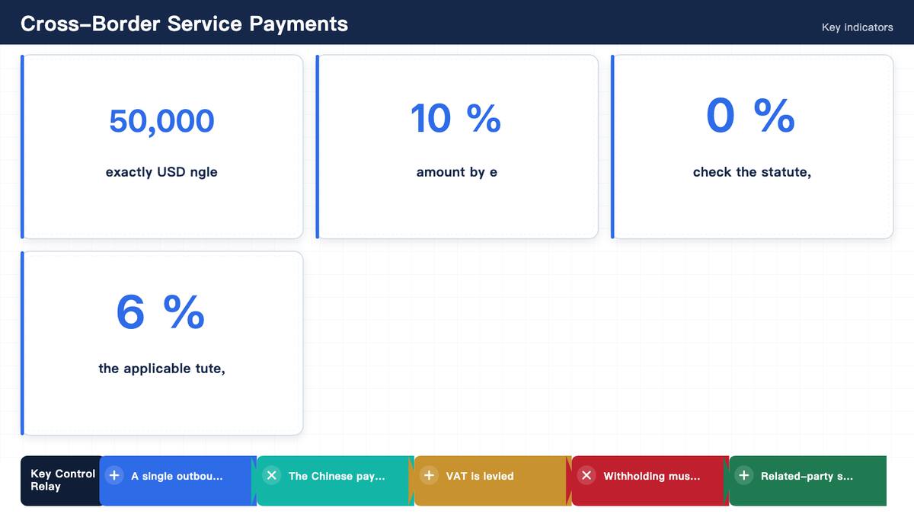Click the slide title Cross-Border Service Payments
coord(184,24)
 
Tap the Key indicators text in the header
coord(858,27)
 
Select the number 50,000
coord(161,121)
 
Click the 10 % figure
coord(455,118)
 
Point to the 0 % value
coord(751,116)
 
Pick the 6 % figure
coord(161,312)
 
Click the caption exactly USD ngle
coord(161,172)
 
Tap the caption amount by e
coord(456,172)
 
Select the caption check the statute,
coord(752,172)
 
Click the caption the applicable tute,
coord(161,369)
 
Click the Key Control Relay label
coord(62,480)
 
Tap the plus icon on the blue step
coord(114,476)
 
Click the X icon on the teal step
coord(272,476)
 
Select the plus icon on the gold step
coord(430,476)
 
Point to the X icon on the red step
coord(586,476)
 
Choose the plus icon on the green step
coord(744,476)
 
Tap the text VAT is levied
coord(480,476)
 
